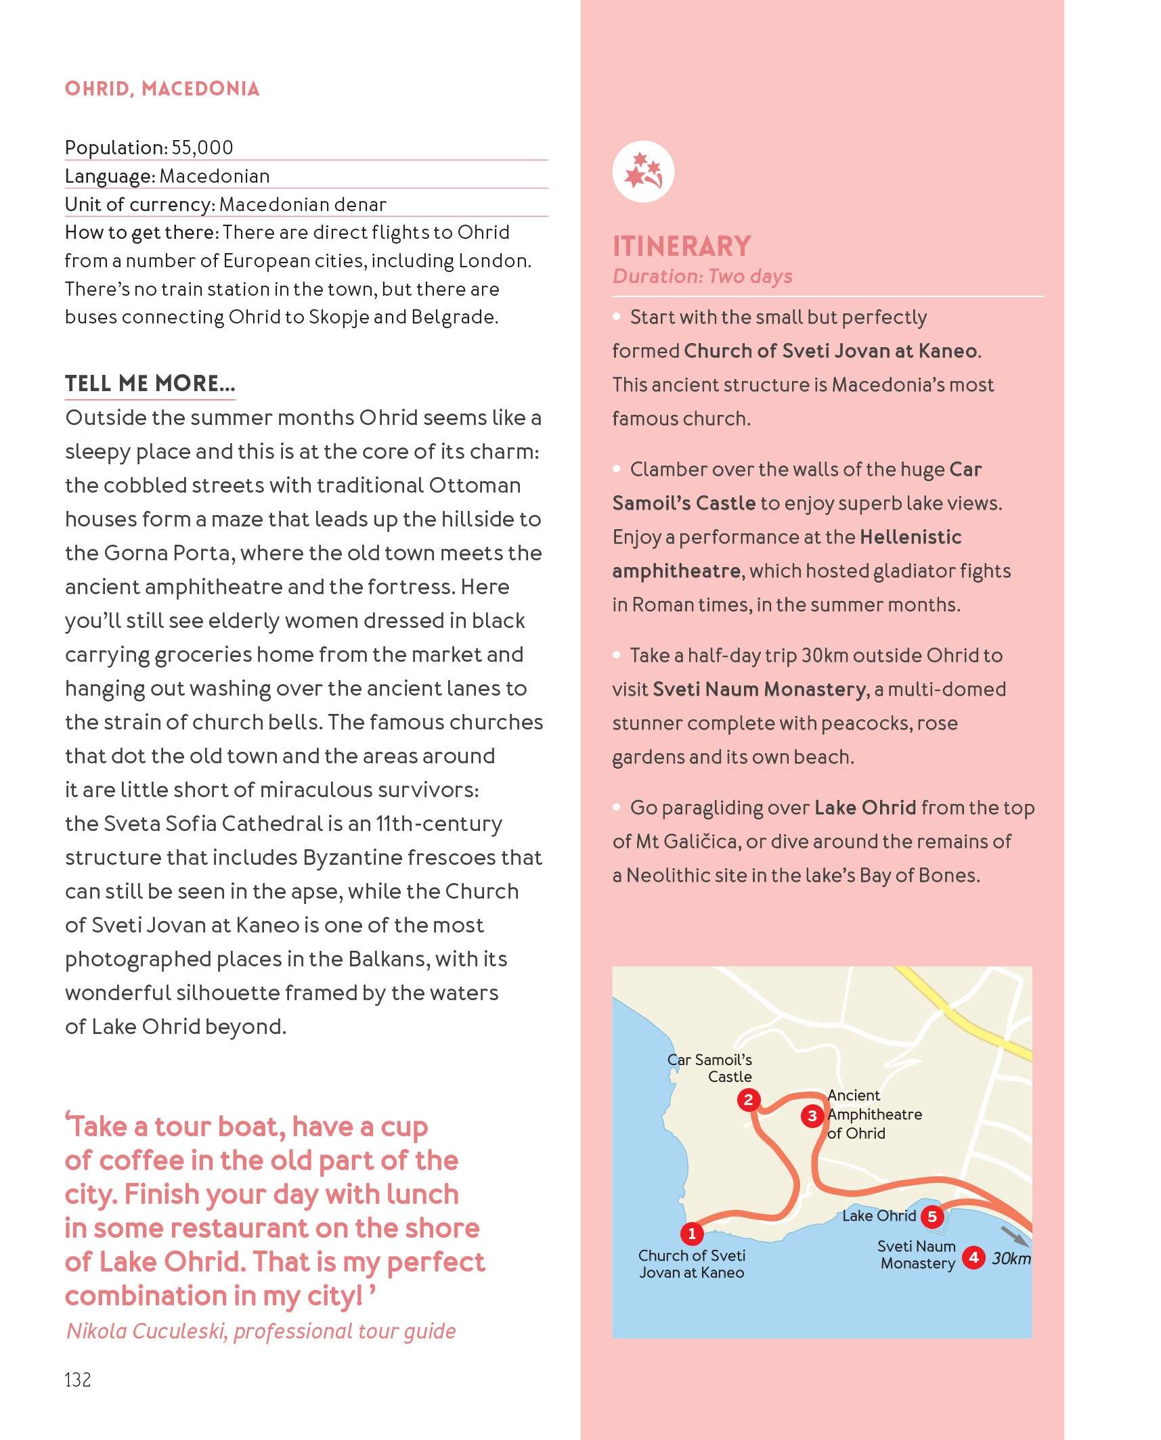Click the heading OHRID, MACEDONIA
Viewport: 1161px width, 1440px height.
click(x=162, y=89)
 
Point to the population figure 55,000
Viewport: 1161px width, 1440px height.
click(x=202, y=148)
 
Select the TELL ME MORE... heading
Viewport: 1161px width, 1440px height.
click(x=150, y=383)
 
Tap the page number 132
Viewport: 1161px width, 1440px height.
click(x=78, y=1380)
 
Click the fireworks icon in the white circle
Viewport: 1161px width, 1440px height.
click(x=643, y=171)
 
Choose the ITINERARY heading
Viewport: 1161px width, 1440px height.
click(x=682, y=246)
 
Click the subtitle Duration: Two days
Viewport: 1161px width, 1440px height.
click(x=702, y=276)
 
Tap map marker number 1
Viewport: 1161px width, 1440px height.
click(x=692, y=1234)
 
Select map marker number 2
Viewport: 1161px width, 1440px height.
click(x=748, y=1100)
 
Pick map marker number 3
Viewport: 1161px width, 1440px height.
click(x=812, y=1116)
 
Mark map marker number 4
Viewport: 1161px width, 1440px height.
click(x=973, y=1257)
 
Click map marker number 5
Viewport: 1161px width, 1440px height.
click(x=932, y=1217)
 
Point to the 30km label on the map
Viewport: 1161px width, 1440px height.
click(x=1011, y=1259)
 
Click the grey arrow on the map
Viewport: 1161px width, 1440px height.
click(x=1013, y=1235)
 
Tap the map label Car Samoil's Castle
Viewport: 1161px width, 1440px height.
click(x=711, y=1068)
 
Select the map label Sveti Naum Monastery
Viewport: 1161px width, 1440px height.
click(x=917, y=1255)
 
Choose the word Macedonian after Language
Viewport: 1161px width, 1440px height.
click(x=215, y=177)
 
